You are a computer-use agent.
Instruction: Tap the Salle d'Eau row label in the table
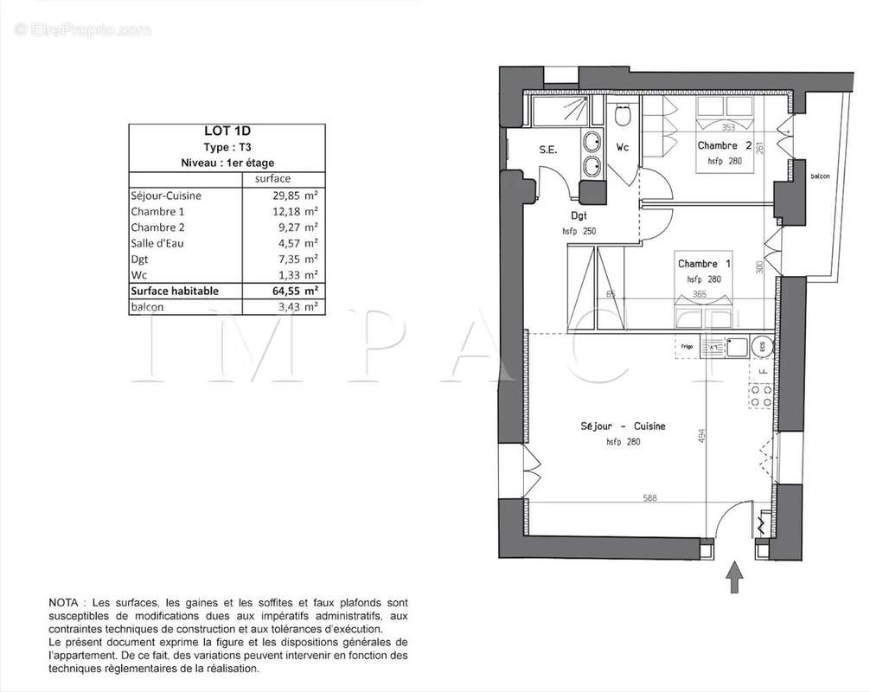click(158, 243)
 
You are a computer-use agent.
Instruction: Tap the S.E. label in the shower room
click(548, 150)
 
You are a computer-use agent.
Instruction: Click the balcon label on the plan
click(819, 176)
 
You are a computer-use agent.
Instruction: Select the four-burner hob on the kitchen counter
click(761, 395)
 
